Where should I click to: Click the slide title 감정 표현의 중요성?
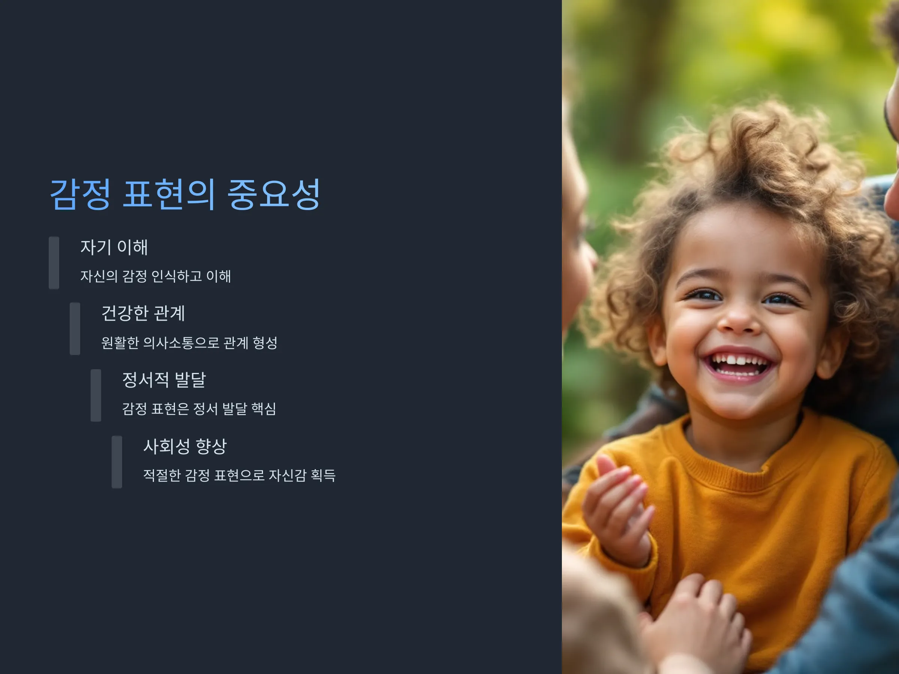click(185, 194)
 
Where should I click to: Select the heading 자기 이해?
click(114, 247)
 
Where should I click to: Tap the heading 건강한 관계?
click(143, 313)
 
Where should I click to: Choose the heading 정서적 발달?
click(164, 380)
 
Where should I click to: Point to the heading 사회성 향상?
click(185, 446)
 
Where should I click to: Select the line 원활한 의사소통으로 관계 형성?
click(190, 343)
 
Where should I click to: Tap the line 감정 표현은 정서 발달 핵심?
click(199, 409)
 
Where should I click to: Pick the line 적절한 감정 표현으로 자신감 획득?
click(239, 475)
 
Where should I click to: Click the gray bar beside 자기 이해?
click(54, 263)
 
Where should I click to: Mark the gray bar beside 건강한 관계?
click(75, 329)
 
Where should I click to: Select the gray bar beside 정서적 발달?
click(96, 395)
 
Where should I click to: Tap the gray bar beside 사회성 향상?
click(117, 462)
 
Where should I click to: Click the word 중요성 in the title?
click(273, 194)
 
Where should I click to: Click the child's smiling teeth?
click(738, 363)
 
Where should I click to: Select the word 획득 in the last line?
click(323, 475)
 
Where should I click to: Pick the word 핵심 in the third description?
click(264, 409)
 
